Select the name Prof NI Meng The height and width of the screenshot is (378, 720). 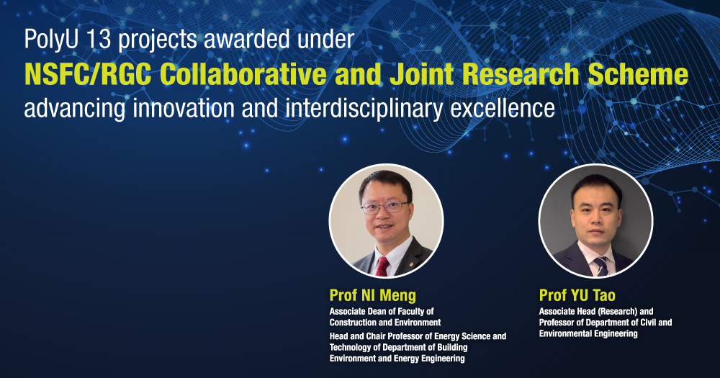(x=373, y=295)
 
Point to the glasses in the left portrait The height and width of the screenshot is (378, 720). (x=385, y=207)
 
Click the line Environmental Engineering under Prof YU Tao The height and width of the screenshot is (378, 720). (x=588, y=333)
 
